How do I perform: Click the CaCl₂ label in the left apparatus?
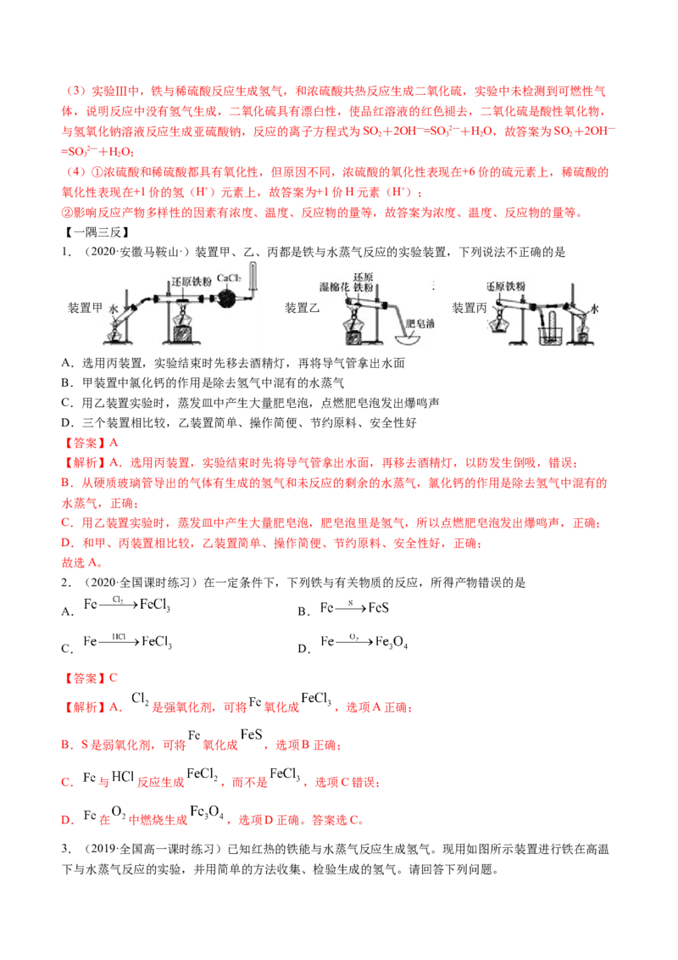coord(230,277)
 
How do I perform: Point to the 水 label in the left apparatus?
coord(114,311)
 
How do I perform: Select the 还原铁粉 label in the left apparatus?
coord(188,282)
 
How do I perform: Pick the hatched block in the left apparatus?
coord(184,333)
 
